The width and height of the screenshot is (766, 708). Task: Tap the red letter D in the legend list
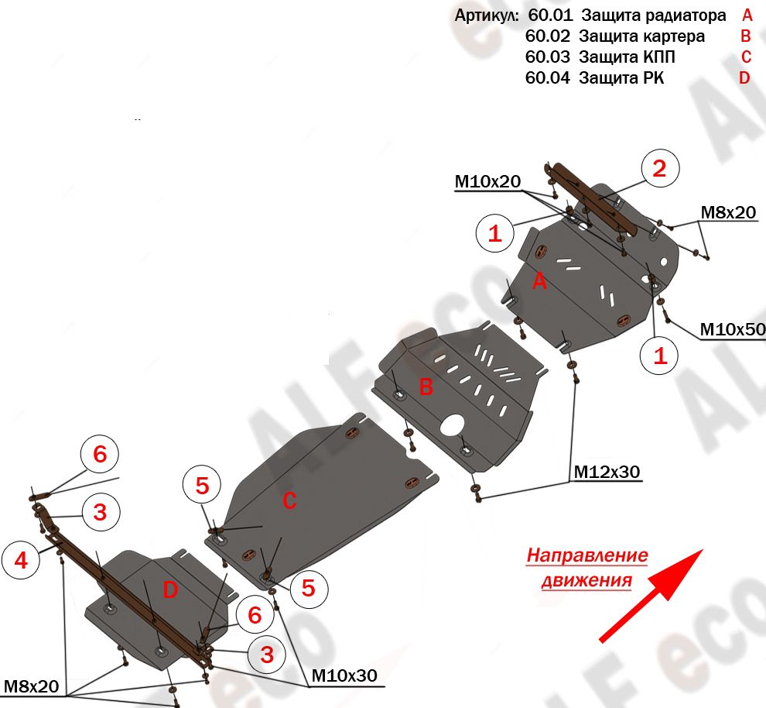click(x=744, y=77)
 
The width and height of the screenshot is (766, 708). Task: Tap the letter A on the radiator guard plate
click(x=539, y=283)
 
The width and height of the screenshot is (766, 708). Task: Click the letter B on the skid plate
click(x=426, y=387)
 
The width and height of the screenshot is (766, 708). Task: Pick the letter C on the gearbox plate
click(x=289, y=501)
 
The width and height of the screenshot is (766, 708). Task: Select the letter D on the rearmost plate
click(x=170, y=590)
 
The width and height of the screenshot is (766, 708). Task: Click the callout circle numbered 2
click(x=658, y=169)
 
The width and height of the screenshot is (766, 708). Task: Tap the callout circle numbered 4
click(x=21, y=561)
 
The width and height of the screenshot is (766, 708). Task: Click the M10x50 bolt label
click(x=732, y=330)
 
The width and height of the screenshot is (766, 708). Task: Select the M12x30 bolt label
click(x=607, y=471)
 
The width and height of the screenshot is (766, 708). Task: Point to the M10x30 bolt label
click(x=344, y=675)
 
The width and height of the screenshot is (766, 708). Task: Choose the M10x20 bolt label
click(x=487, y=182)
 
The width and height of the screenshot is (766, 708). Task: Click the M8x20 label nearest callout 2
click(x=727, y=212)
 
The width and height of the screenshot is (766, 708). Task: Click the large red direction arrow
click(x=651, y=596)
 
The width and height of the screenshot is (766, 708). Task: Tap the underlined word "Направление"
click(x=587, y=555)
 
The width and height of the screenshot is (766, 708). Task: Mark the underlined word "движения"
click(x=586, y=579)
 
